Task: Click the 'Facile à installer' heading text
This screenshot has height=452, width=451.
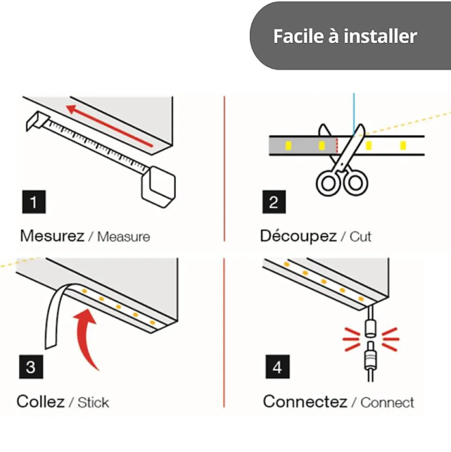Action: tap(345, 36)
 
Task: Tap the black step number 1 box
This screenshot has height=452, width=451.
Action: tap(33, 202)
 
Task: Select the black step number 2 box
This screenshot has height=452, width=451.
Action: tap(274, 202)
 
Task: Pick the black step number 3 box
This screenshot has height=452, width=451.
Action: tap(31, 367)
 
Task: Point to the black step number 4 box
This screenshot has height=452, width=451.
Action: tap(277, 367)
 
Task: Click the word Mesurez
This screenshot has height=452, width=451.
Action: tap(52, 236)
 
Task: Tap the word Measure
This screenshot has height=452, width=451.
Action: tap(124, 237)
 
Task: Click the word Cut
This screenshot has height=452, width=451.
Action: tap(360, 236)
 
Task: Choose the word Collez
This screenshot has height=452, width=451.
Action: tap(40, 401)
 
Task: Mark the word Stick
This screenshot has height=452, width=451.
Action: tap(93, 402)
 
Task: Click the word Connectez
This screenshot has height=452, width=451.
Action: tap(305, 401)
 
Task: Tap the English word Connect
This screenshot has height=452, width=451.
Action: tap(387, 402)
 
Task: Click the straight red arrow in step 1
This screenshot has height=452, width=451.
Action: tap(109, 126)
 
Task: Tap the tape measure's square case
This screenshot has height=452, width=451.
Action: tap(159, 186)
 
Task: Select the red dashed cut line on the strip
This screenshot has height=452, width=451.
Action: tap(336, 146)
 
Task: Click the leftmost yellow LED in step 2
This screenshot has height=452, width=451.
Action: tap(288, 146)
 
